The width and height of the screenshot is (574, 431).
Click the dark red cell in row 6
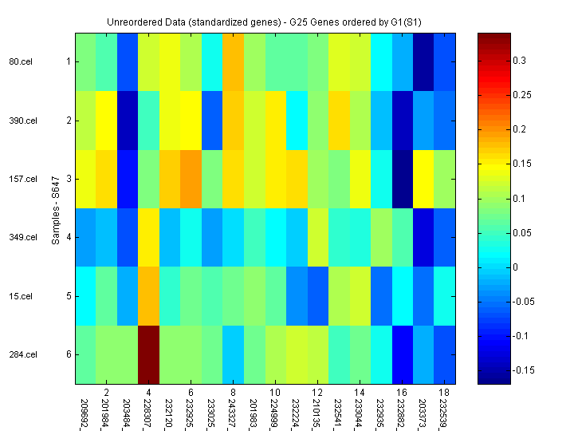[149, 354]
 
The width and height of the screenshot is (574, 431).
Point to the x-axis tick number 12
[317, 393]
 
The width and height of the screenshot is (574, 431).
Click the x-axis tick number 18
[443, 393]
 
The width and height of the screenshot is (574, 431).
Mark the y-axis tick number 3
[69, 179]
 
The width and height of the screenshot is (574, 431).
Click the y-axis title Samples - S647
[57, 208]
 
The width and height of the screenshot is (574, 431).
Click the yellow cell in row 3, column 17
[423, 179]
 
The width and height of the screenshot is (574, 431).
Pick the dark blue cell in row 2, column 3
[128, 121]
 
